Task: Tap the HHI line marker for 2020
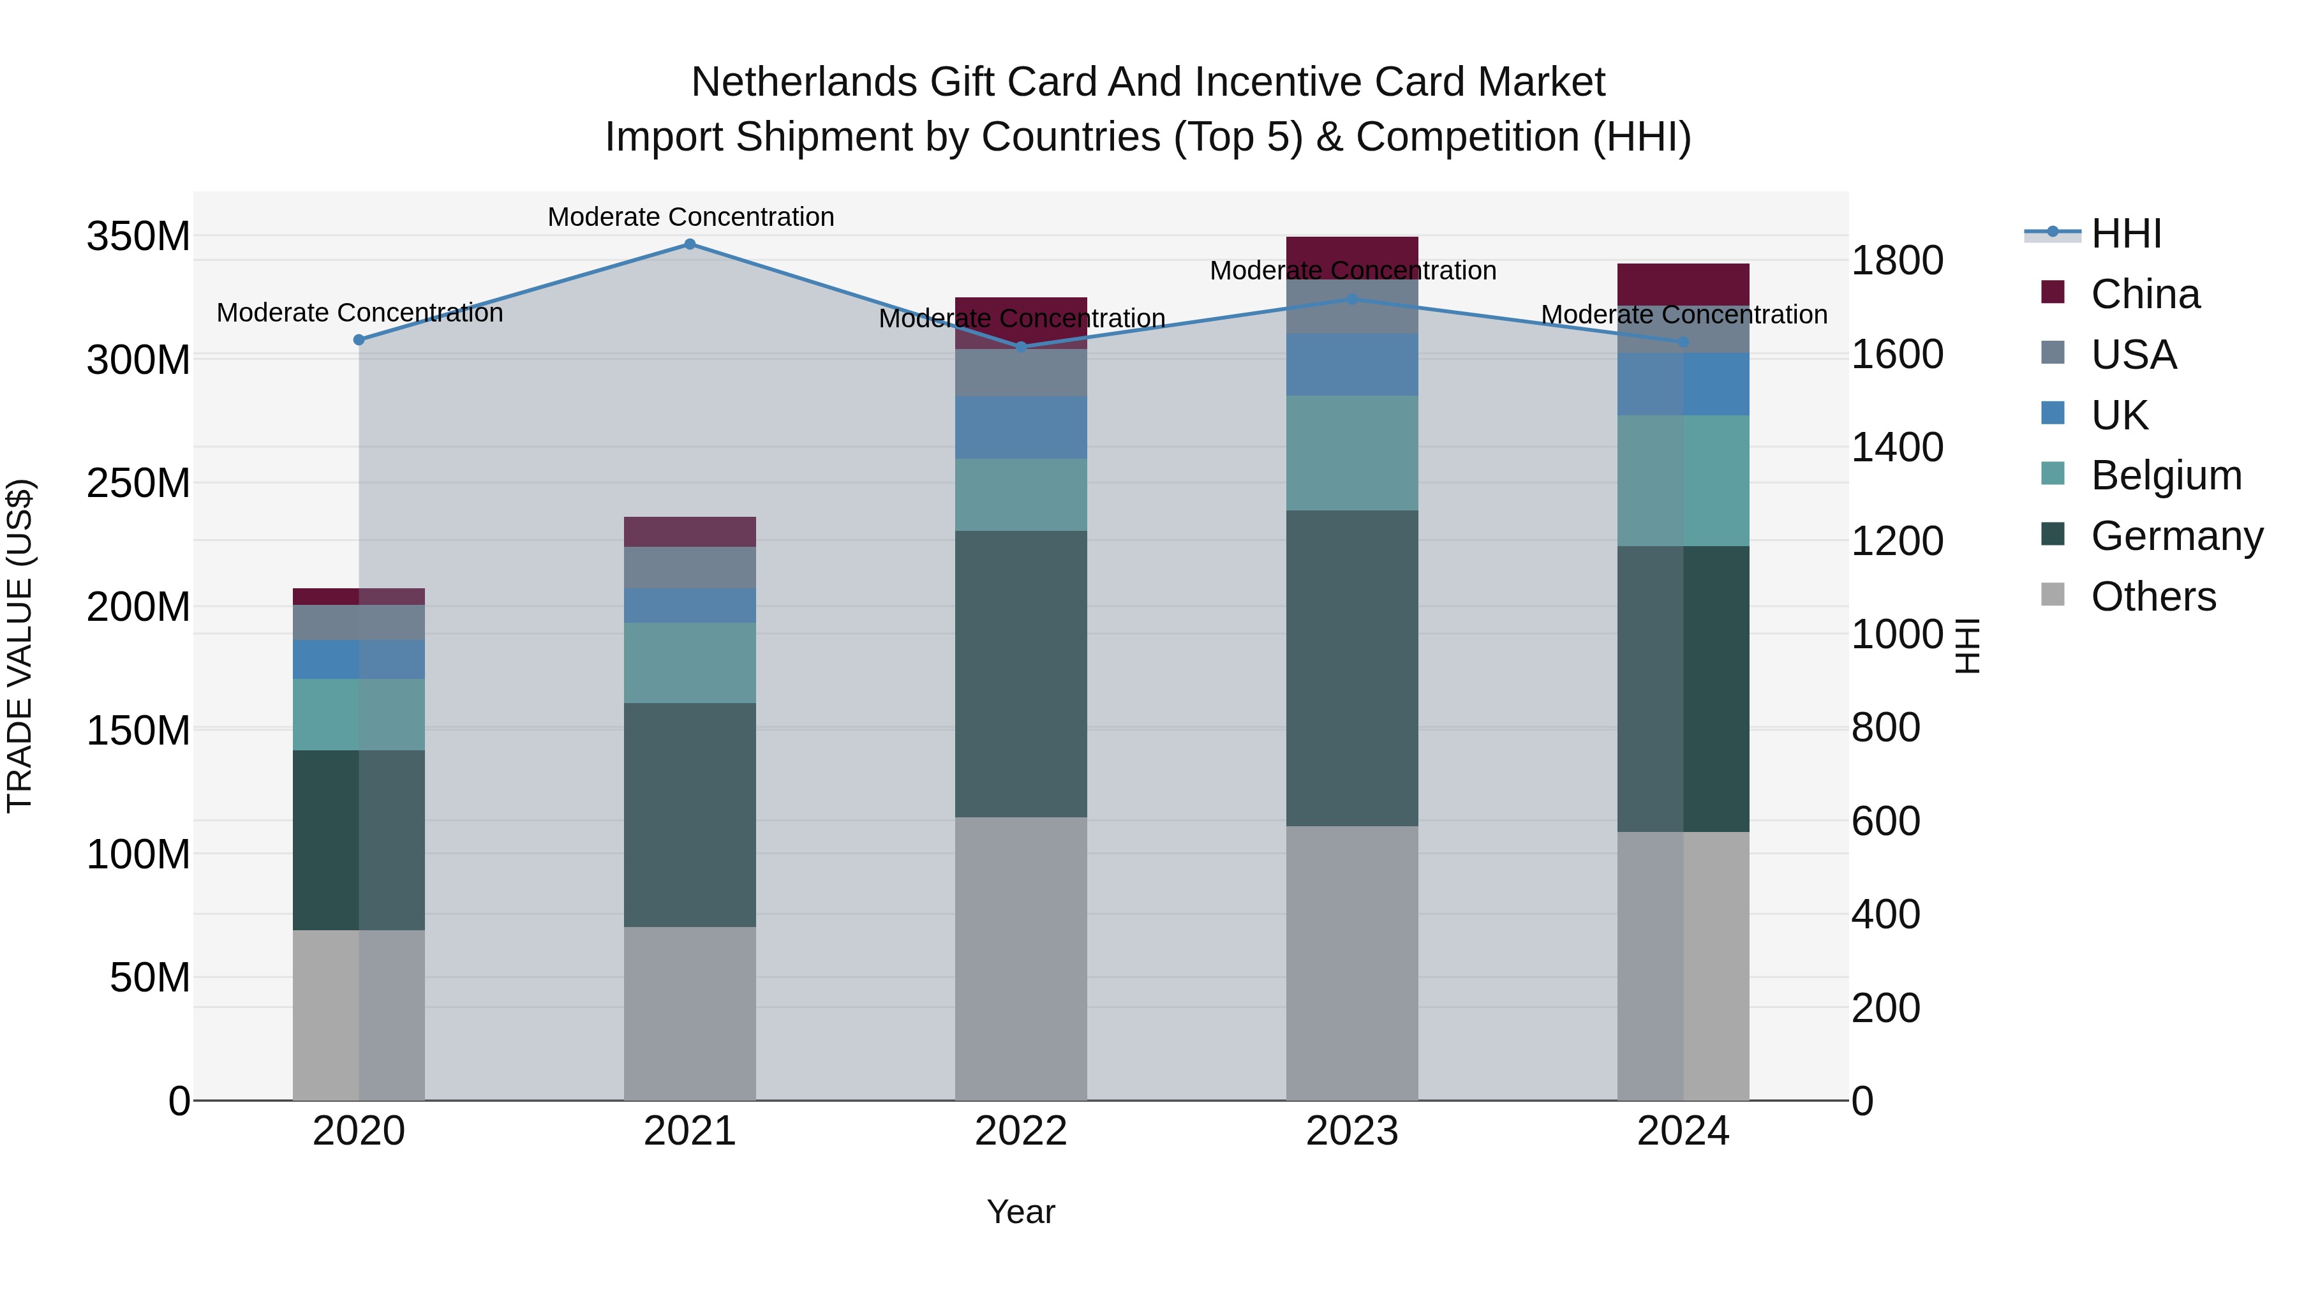pos(359,339)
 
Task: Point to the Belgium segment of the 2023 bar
pos(1352,453)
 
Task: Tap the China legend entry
pos(2145,294)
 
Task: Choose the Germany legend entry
pos(2176,536)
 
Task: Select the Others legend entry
pos(2153,597)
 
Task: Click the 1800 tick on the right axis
pos(1897,260)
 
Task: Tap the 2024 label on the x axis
pos(1683,1131)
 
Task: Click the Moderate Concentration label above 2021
pos(690,217)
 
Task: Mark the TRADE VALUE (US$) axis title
pos(20,646)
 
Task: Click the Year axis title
pos(1020,1212)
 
